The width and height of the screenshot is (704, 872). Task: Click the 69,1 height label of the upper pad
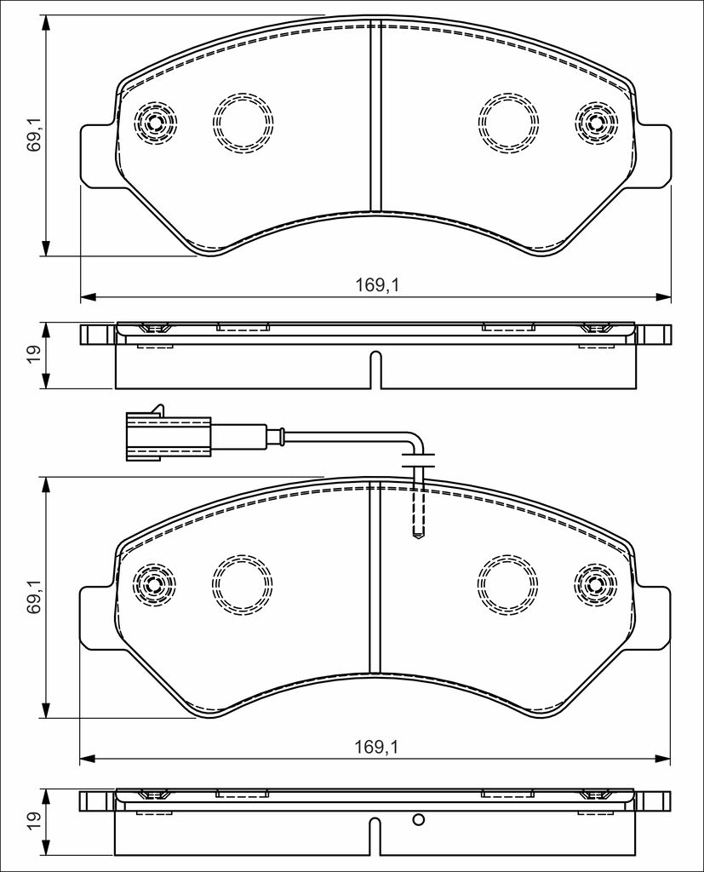[x=35, y=134]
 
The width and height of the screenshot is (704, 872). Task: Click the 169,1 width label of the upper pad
[x=378, y=285]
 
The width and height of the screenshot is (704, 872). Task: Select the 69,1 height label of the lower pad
[x=35, y=595]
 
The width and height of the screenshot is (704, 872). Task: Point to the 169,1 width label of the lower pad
[x=378, y=747]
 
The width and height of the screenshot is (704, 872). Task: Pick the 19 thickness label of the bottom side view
[x=34, y=817]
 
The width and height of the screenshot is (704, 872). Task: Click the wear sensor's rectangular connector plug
[x=169, y=435]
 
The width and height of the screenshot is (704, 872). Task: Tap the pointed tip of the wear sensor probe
[x=418, y=536]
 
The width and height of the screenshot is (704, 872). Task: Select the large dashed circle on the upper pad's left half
[x=243, y=123]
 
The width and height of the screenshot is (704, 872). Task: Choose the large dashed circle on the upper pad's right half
[x=509, y=123]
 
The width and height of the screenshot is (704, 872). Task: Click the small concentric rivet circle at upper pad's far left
[x=156, y=123]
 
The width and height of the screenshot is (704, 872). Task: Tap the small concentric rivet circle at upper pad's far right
[x=597, y=123]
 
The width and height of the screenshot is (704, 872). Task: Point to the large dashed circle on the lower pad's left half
[x=243, y=584]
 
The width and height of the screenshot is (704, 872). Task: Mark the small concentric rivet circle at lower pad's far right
[x=596, y=584]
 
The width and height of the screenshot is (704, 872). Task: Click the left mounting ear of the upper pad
[x=99, y=156]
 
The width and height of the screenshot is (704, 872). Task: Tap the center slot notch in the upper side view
[x=376, y=370]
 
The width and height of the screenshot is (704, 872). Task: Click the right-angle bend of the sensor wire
[x=417, y=441]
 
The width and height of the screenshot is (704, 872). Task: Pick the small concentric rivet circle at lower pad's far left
[x=155, y=584]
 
